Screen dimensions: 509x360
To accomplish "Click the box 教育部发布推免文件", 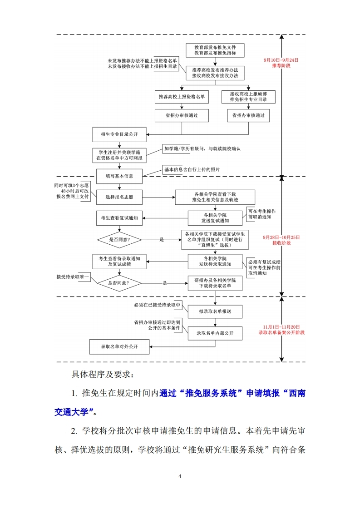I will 215,50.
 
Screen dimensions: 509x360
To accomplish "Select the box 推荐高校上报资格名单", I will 182,97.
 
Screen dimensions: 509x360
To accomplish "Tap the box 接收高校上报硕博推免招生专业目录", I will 248,97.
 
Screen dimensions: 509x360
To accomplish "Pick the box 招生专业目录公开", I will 118,134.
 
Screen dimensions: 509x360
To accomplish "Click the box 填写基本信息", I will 120,175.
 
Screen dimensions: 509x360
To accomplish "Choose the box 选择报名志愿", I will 119,197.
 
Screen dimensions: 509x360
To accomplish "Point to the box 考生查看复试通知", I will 119,218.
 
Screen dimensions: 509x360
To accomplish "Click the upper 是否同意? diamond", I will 119,239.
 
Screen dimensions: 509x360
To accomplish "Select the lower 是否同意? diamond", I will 119,283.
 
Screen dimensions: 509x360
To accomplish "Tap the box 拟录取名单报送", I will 215,311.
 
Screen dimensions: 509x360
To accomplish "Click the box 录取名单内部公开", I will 215,333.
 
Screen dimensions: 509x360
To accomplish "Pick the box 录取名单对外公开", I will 119,346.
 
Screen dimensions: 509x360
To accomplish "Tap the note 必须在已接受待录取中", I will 157,305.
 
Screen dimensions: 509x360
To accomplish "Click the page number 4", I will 180,476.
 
